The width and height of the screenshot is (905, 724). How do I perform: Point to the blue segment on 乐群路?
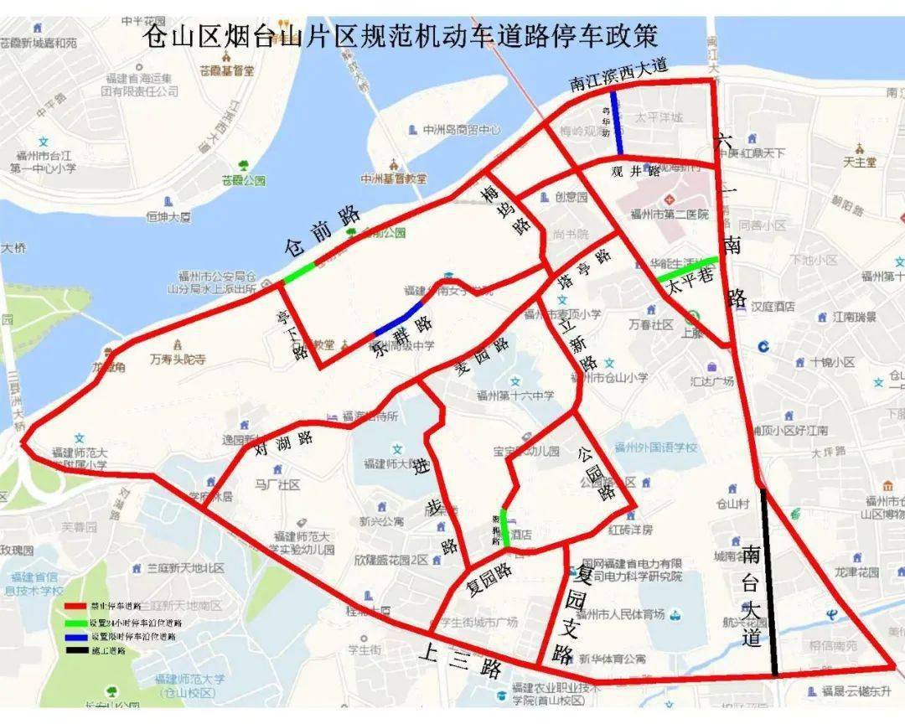pyautogui.click(x=398, y=321)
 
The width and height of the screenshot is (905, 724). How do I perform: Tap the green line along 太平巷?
pyautogui.click(x=687, y=268)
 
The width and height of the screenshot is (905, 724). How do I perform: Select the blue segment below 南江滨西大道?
pyautogui.click(x=616, y=123)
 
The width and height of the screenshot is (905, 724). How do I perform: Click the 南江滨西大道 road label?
pyautogui.click(x=618, y=76)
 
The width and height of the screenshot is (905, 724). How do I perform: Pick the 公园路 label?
pyautogui.click(x=597, y=473)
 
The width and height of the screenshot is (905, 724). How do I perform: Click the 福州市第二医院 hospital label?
pyautogui.click(x=670, y=215)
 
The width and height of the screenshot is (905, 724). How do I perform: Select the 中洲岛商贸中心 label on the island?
pyautogui.click(x=462, y=130)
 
